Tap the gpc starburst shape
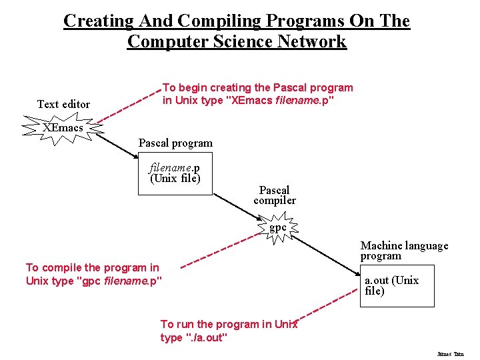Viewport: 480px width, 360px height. [x=278, y=228]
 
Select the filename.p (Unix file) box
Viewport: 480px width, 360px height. [x=175, y=175]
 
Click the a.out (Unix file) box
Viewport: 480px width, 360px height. [x=397, y=286]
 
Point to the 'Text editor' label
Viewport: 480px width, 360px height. [x=63, y=104]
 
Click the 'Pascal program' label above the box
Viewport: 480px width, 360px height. [x=175, y=143]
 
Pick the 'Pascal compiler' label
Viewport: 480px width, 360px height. [x=275, y=195]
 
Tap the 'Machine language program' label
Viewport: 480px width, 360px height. [x=404, y=251]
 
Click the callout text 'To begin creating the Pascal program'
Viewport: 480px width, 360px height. [x=258, y=87]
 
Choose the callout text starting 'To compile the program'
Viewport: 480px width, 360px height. [x=93, y=274]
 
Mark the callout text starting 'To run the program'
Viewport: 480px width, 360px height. [x=228, y=331]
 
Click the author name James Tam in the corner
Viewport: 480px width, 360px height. [x=450, y=354]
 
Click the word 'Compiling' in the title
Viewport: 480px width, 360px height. [x=215, y=21]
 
